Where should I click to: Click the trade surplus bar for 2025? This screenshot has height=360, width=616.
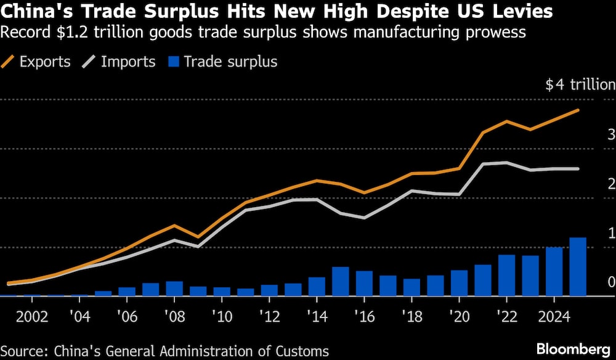[578, 267]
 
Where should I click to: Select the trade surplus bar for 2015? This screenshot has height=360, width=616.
[341, 282]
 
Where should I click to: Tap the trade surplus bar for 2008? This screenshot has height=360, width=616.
[174, 288]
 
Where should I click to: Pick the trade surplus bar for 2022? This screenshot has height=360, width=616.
[506, 276]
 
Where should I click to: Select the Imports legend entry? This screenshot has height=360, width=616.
[120, 62]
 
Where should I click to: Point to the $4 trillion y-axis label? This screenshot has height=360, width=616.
[579, 85]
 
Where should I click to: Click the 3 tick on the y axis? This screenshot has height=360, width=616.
[610, 134]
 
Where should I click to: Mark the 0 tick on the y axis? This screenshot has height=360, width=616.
[610, 282]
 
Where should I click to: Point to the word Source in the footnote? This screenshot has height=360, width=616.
[23, 351]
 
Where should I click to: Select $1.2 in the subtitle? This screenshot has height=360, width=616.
[64, 32]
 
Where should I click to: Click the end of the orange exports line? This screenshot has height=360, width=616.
[578, 110]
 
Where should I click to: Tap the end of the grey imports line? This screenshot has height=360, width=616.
[578, 168]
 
